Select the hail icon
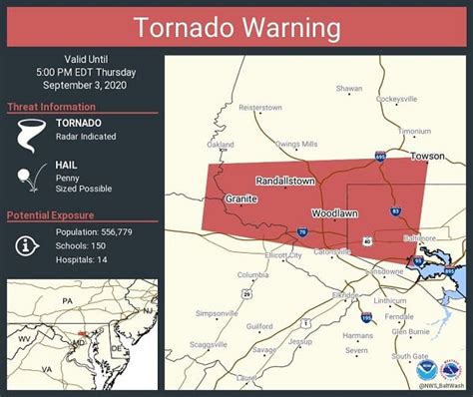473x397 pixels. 26,179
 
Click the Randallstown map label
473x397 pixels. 284,182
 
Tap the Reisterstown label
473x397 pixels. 260,107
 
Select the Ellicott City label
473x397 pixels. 280,255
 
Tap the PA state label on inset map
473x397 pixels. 68,299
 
